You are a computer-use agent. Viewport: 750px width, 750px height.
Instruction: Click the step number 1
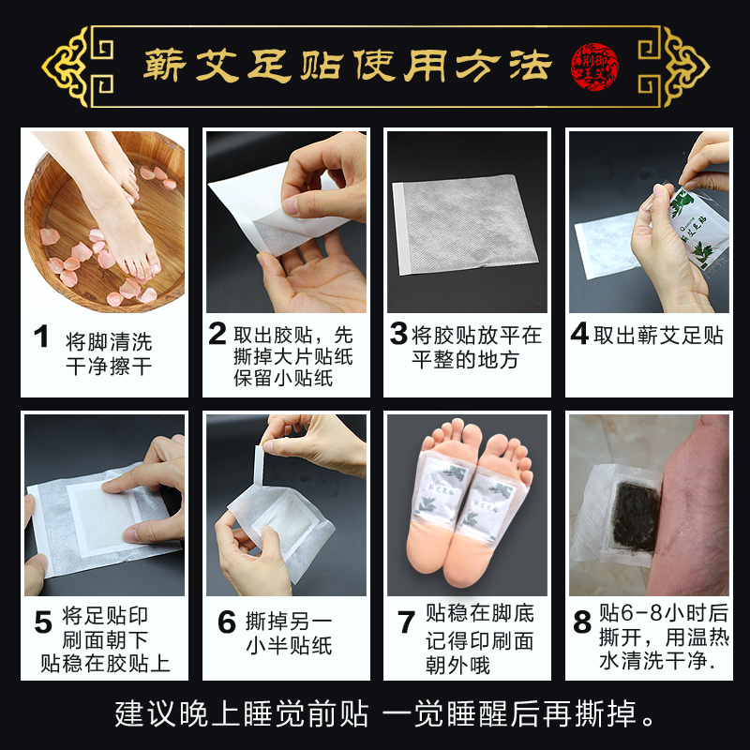40,337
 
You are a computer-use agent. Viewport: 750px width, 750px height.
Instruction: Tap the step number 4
579,334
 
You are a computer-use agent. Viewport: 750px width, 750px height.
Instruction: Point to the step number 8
581,622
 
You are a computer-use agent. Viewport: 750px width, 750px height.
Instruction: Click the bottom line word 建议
137,714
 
